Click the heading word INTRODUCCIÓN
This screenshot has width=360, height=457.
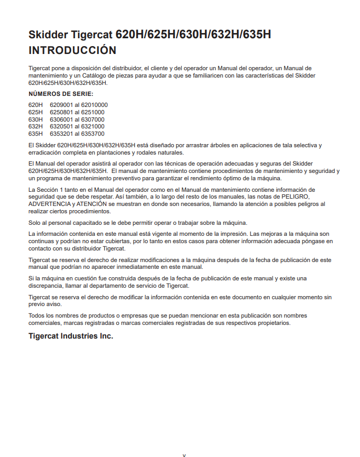(72, 50)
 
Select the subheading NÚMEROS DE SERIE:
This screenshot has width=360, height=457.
(61, 94)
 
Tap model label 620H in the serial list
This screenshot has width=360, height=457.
(36, 105)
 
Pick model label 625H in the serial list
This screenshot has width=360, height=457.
(36, 112)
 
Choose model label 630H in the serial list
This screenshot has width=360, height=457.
(36, 119)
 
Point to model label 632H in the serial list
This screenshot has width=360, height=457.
(36, 126)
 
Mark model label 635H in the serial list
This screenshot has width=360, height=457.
(36, 134)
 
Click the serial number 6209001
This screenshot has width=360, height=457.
(61, 105)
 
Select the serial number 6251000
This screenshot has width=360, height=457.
(93, 112)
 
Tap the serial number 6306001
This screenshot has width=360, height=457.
(61, 119)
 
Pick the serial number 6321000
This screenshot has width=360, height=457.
(93, 126)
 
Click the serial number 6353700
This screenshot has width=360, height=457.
(93, 134)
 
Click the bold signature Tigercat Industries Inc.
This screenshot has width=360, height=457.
(71, 336)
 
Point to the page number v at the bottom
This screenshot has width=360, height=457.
(184, 455)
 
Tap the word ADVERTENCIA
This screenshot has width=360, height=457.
(50, 204)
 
